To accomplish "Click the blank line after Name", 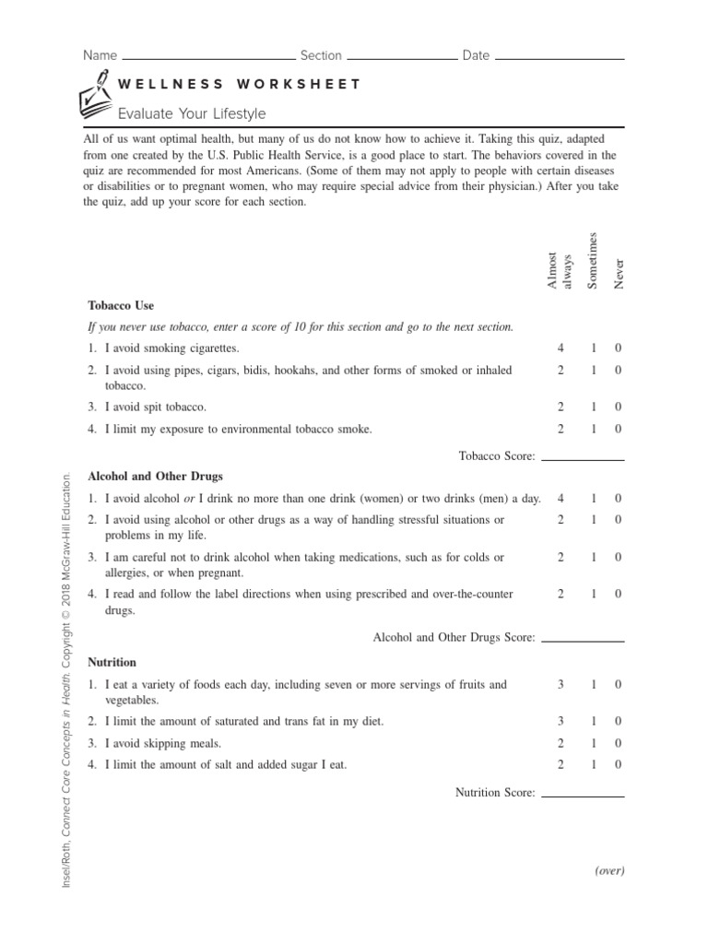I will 207,58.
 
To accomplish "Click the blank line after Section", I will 400,58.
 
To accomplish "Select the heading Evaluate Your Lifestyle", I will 191,113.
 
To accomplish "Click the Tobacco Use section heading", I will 121,305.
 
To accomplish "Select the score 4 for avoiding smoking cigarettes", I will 560,348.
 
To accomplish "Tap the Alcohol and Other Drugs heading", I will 155,477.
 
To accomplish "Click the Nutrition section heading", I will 112,662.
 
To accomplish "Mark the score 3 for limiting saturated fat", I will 560,721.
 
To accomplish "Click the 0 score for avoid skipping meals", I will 619,743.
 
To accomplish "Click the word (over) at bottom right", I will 609,871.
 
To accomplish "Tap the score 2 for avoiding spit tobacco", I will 560,407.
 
